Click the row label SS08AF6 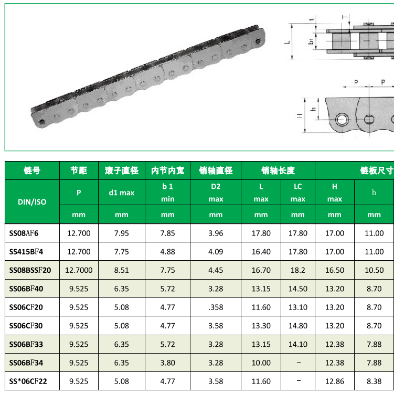tap(24, 233)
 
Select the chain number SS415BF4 tap(26, 251)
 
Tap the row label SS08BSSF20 tap(30, 270)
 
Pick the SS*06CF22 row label tap(28, 381)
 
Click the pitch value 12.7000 tap(79, 270)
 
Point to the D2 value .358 tap(216, 307)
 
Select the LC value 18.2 tap(298, 270)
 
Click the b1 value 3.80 tap(167, 363)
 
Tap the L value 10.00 tap(261, 363)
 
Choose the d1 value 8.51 tap(121, 270)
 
